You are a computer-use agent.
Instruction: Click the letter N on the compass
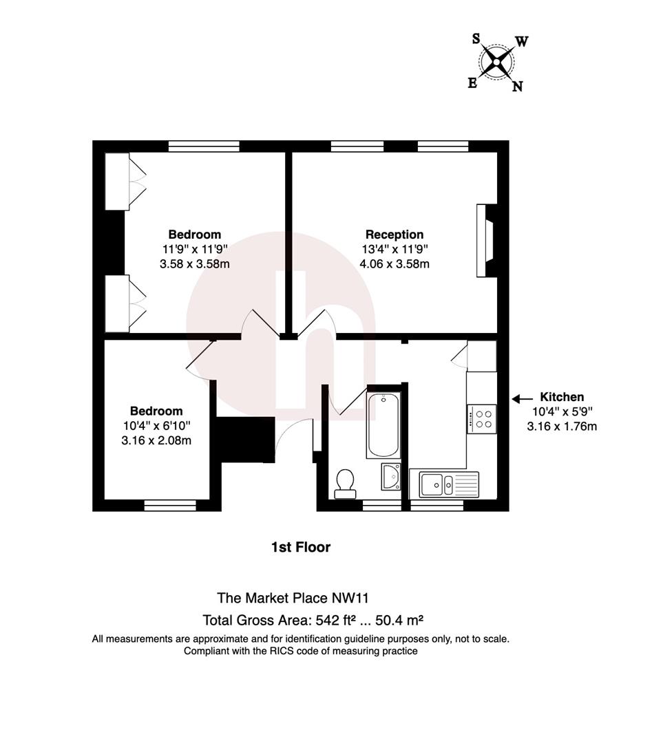click(518, 86)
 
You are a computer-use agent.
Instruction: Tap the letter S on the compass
click(476, 39)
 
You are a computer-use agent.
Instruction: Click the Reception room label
click(394, 235)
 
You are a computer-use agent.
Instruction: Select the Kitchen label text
click(562, 397)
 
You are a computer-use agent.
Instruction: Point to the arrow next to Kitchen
click(522, 399)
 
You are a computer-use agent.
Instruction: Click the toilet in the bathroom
click(345, 484)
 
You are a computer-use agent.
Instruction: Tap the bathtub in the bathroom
click(383, 425)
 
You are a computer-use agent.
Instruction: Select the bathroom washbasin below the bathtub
click(391, 477)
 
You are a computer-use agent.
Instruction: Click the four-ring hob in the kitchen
click(482, 419)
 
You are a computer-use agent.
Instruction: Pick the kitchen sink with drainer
click(449, 484)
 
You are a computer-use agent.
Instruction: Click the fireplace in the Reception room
click(486, 241)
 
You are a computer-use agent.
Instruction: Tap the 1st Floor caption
click(301, 548)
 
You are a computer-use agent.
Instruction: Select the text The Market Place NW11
click(293, 598)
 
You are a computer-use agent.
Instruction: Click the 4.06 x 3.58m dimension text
click(394, 264)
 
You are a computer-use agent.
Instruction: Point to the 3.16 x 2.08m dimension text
click(156, 441)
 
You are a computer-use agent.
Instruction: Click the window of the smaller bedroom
click(170, 505)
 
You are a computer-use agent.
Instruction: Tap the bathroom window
click(382, 505)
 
